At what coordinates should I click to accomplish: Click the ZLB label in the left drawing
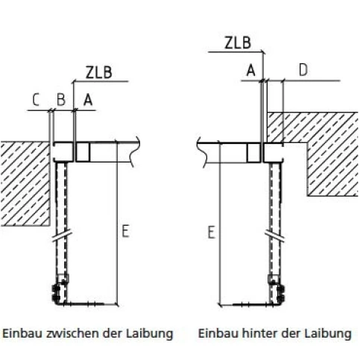(x=99, y=72)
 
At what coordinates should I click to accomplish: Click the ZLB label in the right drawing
(x=238, y=42)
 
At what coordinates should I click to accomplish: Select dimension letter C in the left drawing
(x=36, y=100)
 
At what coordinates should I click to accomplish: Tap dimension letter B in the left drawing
(x=61, y=100)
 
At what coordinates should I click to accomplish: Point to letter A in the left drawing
(x=88, y=101)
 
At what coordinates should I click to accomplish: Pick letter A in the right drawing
(x=251, y=70)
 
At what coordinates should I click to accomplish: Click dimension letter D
(x=303, y=70)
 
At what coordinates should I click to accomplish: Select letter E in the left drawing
(x=125, y=231)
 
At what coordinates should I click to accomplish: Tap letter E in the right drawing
(x=211, y=233)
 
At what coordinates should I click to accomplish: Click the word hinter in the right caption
(x=261, y=333)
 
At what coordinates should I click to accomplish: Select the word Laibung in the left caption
(x=149, y=334)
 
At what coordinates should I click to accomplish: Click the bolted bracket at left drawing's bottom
(x=60, y=289)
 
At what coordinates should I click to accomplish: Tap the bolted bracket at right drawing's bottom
(x=277, y=289)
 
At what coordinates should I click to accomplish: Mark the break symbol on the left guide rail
(x=62, y=236)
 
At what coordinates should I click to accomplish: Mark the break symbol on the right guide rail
(x=275, y=236)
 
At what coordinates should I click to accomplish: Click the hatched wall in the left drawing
(x=25, y=184)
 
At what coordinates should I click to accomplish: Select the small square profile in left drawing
(x=83, y=152)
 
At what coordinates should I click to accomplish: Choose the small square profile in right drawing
(x=253, y=153)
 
